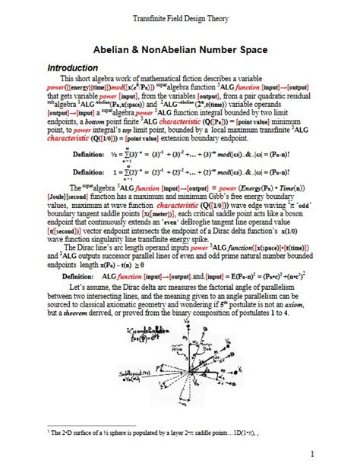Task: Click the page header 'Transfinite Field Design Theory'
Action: pos(180,17)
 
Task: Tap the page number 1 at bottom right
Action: pos(311,454)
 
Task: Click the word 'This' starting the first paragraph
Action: pos(68,78)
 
